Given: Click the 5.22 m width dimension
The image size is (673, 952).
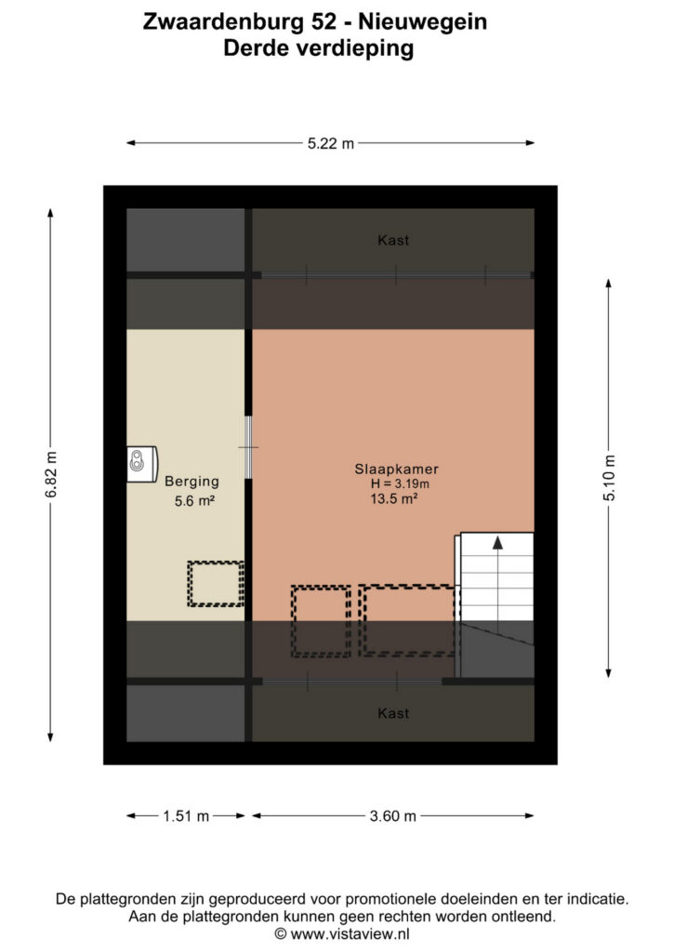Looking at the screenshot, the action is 330,144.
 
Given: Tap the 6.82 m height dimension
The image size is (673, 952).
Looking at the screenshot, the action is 51,475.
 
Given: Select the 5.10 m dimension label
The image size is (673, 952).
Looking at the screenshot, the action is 609,478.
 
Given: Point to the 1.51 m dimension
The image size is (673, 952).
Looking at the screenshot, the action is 186,816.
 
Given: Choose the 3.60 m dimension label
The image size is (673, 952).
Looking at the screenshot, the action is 392,816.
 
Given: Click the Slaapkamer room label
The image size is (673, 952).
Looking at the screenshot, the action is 396,469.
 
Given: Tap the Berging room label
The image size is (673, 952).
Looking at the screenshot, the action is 191,482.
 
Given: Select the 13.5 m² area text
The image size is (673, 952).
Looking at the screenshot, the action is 394,499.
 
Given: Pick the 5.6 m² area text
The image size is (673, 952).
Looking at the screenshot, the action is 194,501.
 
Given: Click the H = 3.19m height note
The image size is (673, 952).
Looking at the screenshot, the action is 400,483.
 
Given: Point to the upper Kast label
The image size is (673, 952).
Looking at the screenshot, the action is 393,241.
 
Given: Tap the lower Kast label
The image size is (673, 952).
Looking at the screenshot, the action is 393,713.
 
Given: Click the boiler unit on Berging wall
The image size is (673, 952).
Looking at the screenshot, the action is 142,465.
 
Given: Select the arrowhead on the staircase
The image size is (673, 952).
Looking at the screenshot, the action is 497,543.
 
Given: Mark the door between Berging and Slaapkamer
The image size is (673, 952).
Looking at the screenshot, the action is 248,447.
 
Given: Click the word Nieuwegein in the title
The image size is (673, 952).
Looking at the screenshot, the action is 422,22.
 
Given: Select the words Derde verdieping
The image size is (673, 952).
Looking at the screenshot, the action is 319,48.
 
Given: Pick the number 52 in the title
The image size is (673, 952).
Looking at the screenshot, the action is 323,22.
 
